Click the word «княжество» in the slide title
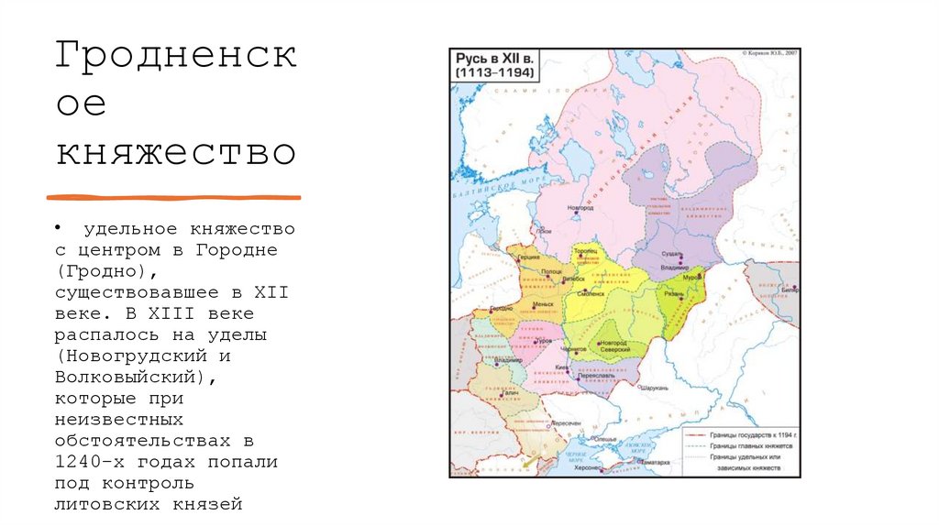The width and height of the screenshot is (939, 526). (x=175, y=151)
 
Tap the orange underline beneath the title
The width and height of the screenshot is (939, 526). (x=173, y=197)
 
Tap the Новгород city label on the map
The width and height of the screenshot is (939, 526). (x=580, y=208)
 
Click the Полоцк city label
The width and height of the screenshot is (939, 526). (x=552, y=272)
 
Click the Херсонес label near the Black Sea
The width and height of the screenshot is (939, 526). (x=585, y=467)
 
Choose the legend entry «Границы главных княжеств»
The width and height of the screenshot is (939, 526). (x=746, y=446)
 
